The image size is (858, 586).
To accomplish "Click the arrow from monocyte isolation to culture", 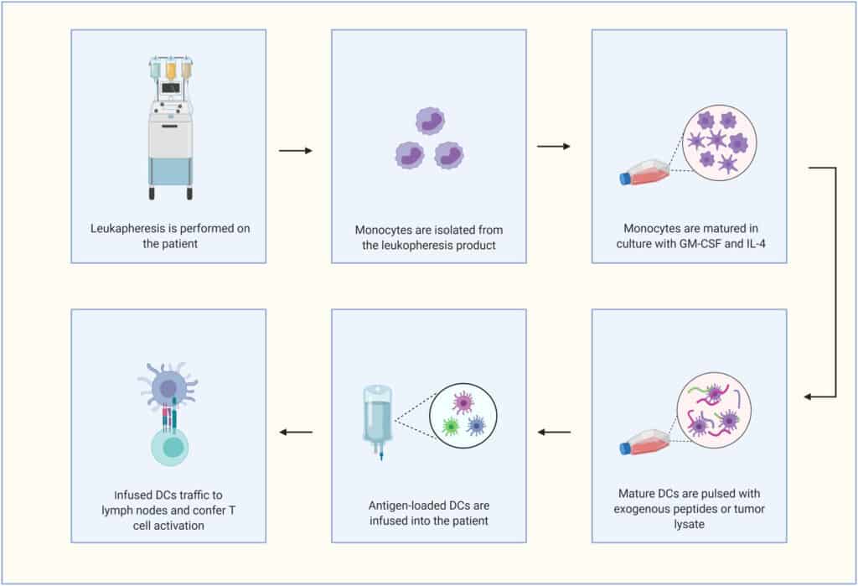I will [x=553, y=147].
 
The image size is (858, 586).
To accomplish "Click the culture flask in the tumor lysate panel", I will [x=645, y=442].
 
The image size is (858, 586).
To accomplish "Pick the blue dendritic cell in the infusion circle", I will [x=476, y=424].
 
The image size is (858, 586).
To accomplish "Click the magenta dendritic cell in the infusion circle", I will [x=463, y=403].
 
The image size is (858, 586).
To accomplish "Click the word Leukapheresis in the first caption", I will [x=127, y=228].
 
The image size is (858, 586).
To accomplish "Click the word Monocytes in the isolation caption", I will [x=382, y=229].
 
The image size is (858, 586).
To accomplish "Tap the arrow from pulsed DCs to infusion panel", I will [x=553, y=433].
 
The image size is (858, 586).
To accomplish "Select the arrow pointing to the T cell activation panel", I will [x=294, y=433].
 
